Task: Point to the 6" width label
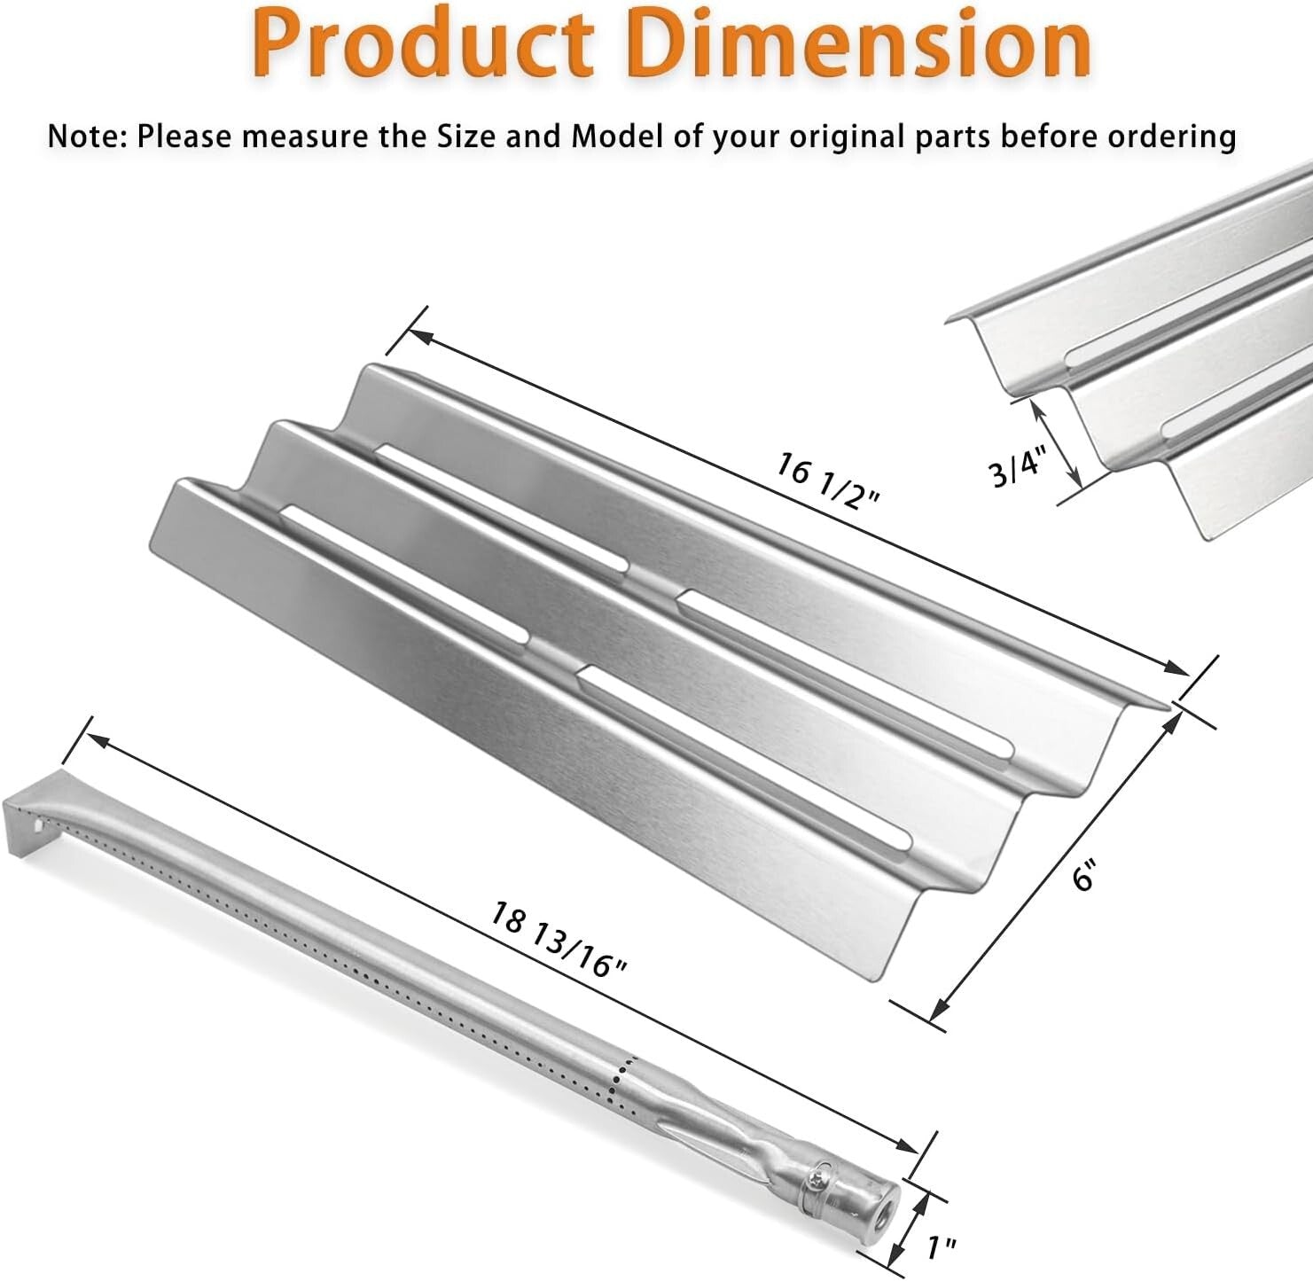point(1083,878)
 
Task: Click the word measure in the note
point(302,137)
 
